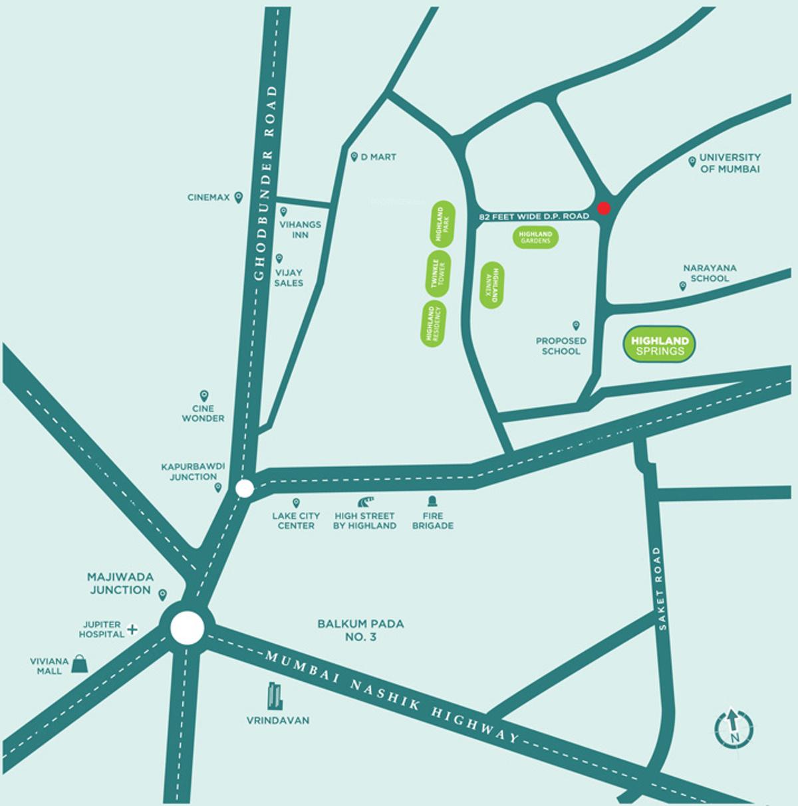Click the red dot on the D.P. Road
pyautogui.click(x=604, y=208)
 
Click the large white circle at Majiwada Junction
pyautogui.click(x=187, y=627)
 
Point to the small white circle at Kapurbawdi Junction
pyautogui.click(x=245, y=488)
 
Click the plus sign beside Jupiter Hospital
pyautogui.click(x=132, y=629)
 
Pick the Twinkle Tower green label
pyautogui.click(x=437, y=274)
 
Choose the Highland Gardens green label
pyautogui.click(x=535, y=238)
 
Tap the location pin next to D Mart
pyautogui.click(x=354, y=157)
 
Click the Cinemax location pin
pyautogui.click(x=239, y=197)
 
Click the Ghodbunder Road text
pyautogui.click(x=269, y=183)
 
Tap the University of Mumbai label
pyautogui.click(x=730, y=163)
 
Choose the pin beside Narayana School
pyautogui.click(x=682, y=286)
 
